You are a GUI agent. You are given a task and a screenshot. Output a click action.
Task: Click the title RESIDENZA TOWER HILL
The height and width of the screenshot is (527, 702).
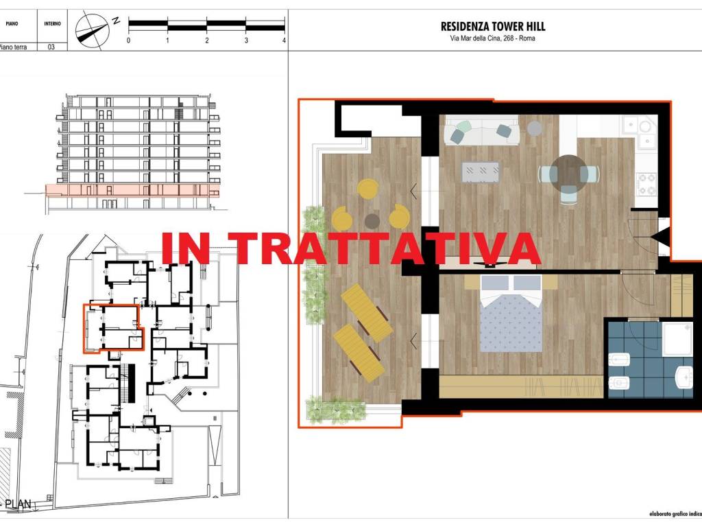[x=492, y=27]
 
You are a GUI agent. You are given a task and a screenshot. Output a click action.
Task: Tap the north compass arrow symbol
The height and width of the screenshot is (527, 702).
[x=93, y=28]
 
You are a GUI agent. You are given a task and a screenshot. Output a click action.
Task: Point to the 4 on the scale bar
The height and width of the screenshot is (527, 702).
[x=284, y=40]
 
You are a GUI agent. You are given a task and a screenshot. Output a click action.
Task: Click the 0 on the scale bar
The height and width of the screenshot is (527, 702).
[x=128, y=40]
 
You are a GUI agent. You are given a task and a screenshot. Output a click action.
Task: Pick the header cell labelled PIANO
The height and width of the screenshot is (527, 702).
[x=12, y=23]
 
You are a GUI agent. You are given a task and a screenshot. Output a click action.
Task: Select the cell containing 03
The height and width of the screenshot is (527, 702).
[x=51, y=47]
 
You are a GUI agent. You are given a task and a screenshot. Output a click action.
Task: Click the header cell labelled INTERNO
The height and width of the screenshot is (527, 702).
[x=52, y=23]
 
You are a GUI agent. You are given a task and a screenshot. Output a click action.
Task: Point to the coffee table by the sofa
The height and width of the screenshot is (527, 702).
[x=481, y=172]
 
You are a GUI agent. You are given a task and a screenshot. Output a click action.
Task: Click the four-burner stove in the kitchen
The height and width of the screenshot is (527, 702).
[x=647, y=183]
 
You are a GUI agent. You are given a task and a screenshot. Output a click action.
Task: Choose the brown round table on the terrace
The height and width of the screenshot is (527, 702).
[x=372, y=220]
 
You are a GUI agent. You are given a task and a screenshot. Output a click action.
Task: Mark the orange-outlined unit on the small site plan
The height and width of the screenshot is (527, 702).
[x=110, y=328]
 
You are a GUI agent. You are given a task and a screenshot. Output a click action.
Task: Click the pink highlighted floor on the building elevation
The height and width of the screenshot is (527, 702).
[x=130, y=190]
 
